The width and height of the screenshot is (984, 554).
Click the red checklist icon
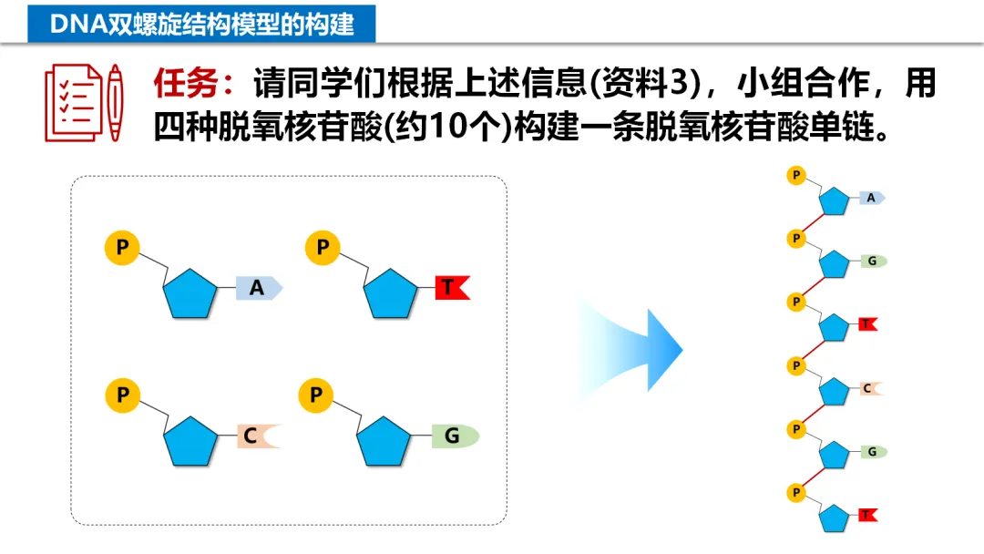click(72, 102)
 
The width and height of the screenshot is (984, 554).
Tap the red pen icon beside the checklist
click(115, 102)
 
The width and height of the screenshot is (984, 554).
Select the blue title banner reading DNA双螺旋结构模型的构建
click(201, 23)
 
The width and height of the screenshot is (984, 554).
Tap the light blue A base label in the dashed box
click(259, 288)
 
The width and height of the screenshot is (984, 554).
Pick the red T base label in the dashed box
click(451, 288)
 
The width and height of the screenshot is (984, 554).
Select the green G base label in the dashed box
click(454, 436)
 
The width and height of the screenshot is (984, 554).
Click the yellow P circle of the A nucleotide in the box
click(122, 247)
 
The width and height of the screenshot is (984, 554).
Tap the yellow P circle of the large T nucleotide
click(323, 247)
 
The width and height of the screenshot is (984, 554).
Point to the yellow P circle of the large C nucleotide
click(122, 395)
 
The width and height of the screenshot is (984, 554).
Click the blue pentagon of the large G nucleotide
click(384, 443)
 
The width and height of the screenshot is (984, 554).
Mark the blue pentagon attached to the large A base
click(190, 293)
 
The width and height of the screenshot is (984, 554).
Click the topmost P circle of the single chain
click(796, 175)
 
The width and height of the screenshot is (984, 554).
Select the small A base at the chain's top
click(872, 198)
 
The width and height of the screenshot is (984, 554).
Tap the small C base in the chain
click(869, 388)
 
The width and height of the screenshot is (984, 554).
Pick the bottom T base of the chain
click(867, 516)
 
